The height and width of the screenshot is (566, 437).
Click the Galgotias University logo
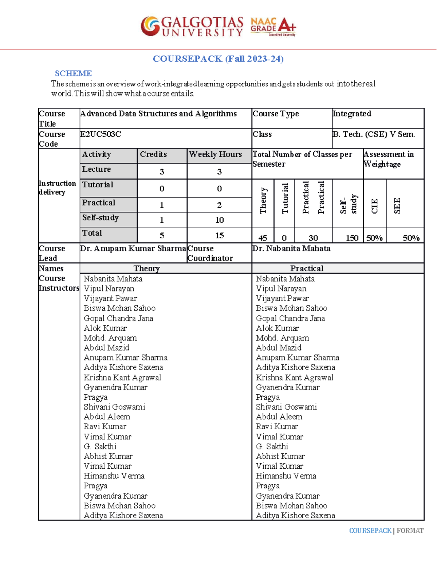click(192, 26)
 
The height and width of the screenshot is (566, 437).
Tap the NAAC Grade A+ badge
click(273, 27)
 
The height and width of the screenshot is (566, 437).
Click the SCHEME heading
click(73, 73)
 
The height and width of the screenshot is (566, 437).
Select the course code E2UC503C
click(101, 134)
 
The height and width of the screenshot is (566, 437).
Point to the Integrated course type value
click(352, 114)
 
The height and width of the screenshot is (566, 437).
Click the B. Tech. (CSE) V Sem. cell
click(373, 134)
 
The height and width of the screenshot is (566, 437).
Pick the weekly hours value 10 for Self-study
click(219, 220)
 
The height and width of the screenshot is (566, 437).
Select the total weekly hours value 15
click(219, 235)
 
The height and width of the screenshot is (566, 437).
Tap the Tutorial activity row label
click(98, 185)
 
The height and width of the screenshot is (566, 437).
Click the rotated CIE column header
click(375, 206)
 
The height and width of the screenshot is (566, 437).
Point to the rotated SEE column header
click(397, 206)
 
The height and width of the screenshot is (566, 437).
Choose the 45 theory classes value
click(263, 238)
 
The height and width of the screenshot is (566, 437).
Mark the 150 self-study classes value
click(352, 238)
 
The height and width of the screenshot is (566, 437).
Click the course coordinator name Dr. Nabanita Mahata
click(291, 249)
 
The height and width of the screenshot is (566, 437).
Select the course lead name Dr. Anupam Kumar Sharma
click(133, 249)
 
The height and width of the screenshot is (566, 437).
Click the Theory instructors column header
click(146, 269)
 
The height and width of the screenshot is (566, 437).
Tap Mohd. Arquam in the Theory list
click(110, 338)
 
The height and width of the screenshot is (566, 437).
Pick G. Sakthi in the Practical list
click(272, 446)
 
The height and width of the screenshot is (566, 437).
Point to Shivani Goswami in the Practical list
click(286, 407)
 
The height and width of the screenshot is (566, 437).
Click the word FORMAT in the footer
click(410, 531)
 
